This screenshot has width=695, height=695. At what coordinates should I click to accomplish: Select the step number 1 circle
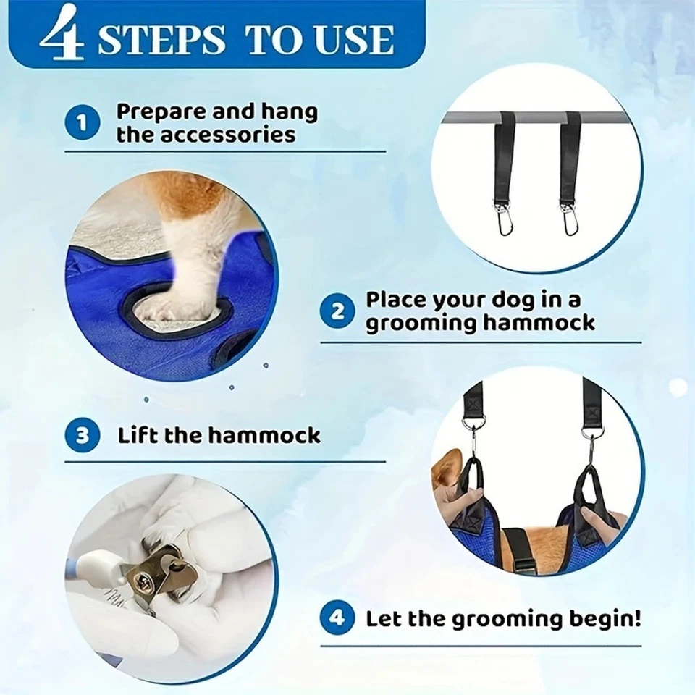pos(82,124)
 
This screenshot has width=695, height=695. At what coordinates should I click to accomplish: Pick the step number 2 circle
pos(338,311)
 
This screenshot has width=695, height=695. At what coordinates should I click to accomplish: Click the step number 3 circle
pos(82,435)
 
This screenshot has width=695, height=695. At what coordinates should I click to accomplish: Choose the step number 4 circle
pos(338,619)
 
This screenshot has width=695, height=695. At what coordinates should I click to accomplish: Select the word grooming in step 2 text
pos(414,323)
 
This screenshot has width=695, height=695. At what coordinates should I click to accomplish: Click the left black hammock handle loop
pos(473,485)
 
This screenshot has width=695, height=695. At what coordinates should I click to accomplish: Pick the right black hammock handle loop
pos(588,489)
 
